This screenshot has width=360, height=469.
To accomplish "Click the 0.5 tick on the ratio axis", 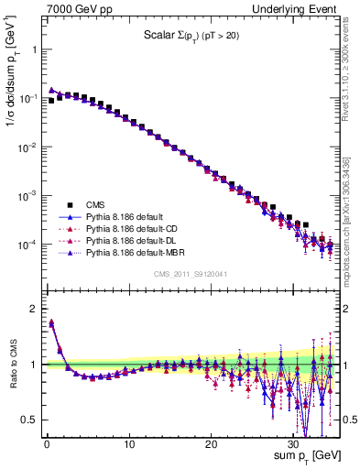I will click(x=31, y=420).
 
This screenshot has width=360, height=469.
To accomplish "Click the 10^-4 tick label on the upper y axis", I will click(x=28, y=245).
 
